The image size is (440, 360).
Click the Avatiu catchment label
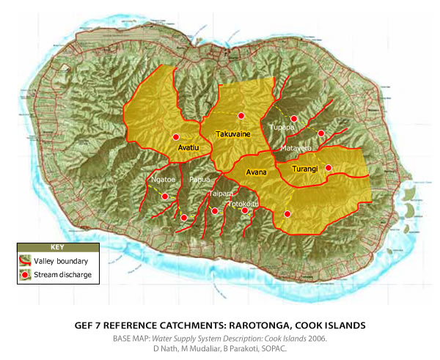189,147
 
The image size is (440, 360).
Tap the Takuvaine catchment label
235,134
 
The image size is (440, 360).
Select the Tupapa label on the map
282,127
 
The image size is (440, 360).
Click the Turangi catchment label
304,169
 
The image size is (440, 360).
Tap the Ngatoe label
163,178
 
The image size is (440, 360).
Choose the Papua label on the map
199,178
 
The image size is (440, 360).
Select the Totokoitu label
243,204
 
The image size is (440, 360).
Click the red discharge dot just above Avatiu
176,137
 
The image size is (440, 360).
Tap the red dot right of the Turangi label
329,168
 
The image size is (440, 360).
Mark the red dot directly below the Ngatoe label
165,196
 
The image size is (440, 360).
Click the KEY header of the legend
57,248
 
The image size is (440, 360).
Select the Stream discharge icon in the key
25,274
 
